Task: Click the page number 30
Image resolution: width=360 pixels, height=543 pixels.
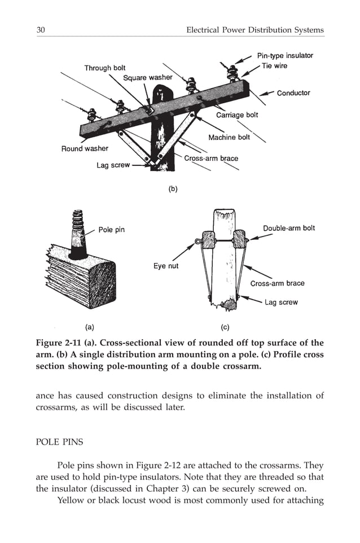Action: (x=41, y=30)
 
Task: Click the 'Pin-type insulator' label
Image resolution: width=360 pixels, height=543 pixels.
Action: (x=285, y=55)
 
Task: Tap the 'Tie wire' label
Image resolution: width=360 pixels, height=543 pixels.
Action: (x=274, y=66)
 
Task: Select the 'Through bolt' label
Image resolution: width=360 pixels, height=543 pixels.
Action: (x=105, y=68)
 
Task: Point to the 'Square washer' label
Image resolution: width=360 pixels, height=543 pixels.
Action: (x=148, y=77)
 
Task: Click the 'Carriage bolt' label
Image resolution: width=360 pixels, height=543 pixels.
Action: (x=237, y=115)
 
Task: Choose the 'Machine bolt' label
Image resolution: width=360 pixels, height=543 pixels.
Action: (x=230, y=137)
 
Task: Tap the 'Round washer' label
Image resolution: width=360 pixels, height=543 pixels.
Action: (x=85, y=148)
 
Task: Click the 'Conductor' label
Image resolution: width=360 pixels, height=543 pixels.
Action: (x=293, y=93)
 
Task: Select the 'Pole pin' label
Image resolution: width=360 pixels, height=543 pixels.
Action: (x=111, y=230)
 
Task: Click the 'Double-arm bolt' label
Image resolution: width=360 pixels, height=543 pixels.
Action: (x=289, y=228)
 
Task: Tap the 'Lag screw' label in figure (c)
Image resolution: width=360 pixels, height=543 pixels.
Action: (x=281, y=302)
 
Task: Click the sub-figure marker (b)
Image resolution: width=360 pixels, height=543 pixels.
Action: (x=173, y=189)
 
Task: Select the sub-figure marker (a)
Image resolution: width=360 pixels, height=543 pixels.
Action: (x=89, y=326)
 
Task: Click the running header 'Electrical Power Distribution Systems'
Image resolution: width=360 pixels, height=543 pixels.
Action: (x=255, y=30)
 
